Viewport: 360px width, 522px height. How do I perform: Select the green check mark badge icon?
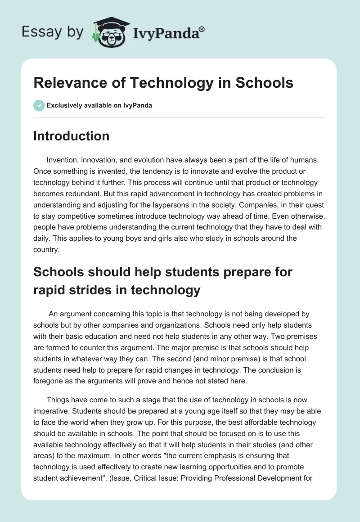39,105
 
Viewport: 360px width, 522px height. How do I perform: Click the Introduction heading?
71,136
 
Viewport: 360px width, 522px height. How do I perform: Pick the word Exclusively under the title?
63,106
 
